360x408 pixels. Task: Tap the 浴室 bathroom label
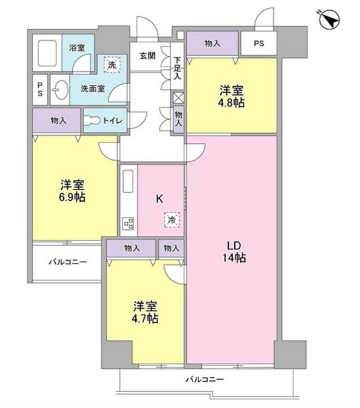(x=77, y=47)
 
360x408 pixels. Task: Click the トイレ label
(x=112, y=121)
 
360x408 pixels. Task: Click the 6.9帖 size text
(x=72, y=198)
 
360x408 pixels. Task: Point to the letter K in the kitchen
(x=159, y=198)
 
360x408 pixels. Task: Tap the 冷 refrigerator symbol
(x=172, y=219)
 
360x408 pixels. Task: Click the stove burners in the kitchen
(x=127, y=223)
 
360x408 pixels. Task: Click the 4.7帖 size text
(x=145, y=318)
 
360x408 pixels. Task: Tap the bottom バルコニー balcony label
(x=205, y=380)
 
